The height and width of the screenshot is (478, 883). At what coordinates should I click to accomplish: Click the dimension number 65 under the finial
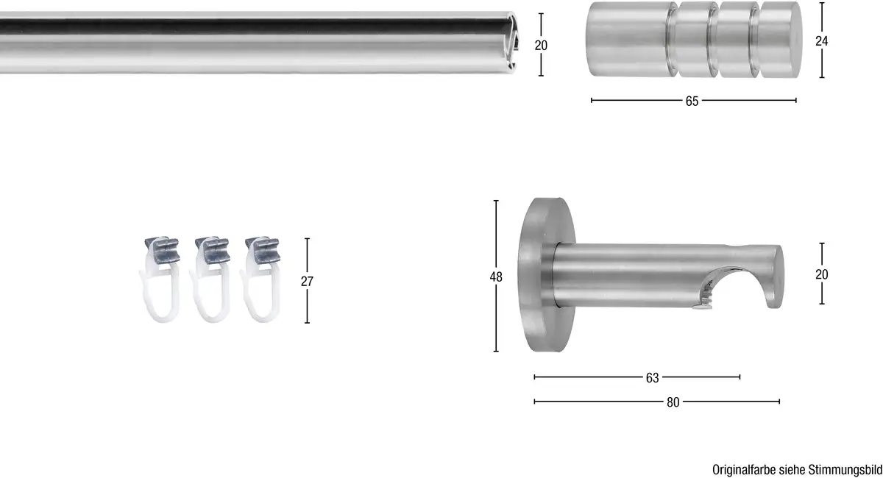[692, 101]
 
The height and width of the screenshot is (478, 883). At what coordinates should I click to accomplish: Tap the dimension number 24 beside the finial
[821, 41]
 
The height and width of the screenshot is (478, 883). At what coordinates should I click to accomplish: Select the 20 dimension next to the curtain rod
[541, 46]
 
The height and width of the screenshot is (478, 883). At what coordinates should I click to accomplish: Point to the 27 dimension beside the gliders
[307, 282]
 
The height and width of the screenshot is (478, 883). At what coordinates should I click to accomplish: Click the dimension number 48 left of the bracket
[496, 277]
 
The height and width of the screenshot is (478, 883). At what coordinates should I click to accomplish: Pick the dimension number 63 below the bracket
[653, 378]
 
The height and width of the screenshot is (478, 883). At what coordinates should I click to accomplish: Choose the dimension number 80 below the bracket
[673, 402]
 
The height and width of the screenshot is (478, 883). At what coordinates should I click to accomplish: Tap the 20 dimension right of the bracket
[821, 274]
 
